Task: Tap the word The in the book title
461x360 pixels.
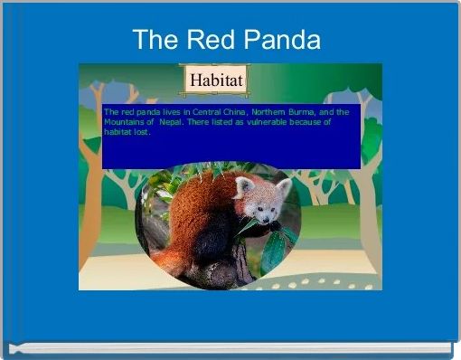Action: pyautogui.click(x=155, y=40)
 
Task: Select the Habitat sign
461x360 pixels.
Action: pyautogui.click(x=215, y=80)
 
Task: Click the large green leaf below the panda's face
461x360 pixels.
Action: pyautogui.click(x=275, y=250)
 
